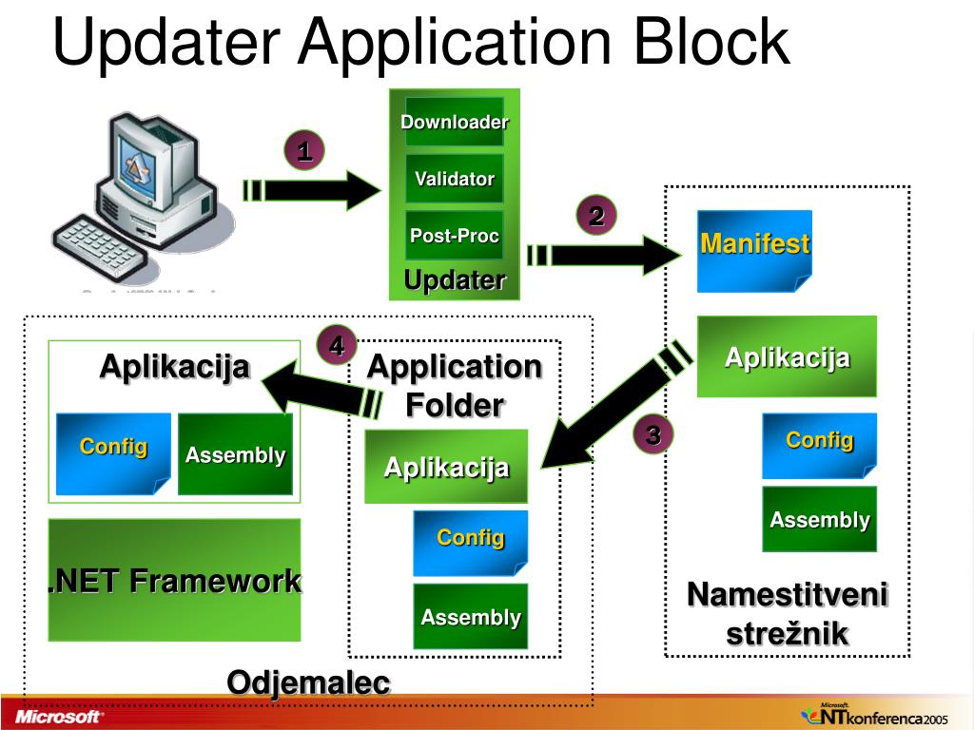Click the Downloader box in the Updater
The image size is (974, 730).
455,122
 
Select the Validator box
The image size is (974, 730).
455,179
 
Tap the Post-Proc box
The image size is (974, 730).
455,236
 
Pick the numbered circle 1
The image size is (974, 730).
304,151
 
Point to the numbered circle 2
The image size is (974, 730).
596,217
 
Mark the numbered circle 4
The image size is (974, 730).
337,346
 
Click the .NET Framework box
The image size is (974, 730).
175,580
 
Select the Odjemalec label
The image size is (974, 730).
308,682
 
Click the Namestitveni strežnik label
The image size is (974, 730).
788,614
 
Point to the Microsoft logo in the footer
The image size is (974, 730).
57,716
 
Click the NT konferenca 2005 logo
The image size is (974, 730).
874,715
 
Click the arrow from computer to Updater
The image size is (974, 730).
314,190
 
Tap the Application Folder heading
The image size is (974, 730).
455,385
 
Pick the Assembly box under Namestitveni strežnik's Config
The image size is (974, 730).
819,519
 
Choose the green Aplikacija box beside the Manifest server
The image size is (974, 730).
787,356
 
